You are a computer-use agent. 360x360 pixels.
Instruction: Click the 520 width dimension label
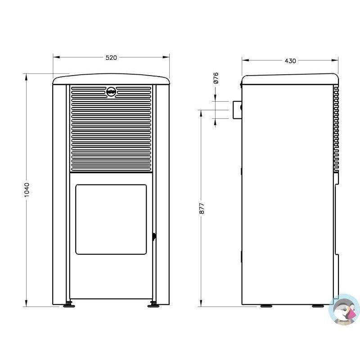pos(111,58)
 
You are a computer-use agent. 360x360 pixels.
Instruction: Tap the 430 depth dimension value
pos(290,61)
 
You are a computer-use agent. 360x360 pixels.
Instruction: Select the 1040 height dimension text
pos(27,190)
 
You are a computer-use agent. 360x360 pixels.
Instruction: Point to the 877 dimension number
pos(202,208)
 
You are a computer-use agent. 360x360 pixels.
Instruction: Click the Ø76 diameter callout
pos(216,78)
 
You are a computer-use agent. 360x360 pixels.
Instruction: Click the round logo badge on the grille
pos(111,92)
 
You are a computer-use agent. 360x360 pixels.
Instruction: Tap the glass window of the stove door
pos(111,220)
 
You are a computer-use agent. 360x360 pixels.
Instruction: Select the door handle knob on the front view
pos(154,237)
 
